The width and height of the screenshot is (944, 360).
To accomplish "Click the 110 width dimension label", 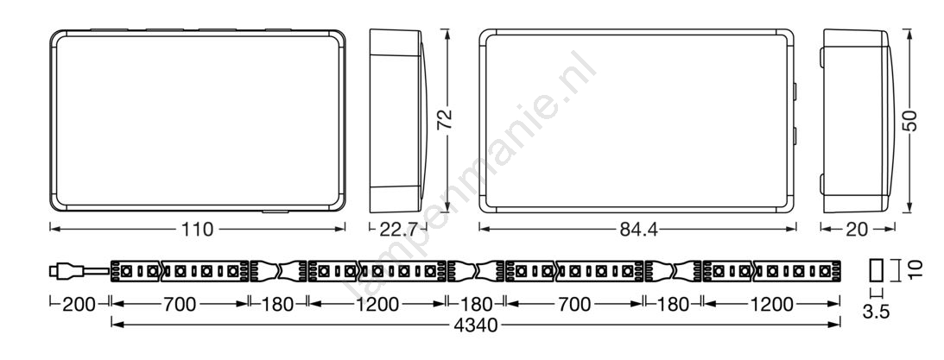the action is pos(198,230).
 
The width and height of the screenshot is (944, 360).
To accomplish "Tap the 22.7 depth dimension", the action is pos(400,230).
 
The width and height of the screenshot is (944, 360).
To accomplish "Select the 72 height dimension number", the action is pos(445,120).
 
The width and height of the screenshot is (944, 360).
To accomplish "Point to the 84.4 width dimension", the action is pos(638,230).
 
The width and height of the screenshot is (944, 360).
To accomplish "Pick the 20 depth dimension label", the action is pos(857,230).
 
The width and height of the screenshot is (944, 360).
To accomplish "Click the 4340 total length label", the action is pos(476,325).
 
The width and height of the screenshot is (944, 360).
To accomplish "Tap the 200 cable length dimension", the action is pos(79,305).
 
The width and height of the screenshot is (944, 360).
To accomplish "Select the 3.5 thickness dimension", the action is pos(876,312).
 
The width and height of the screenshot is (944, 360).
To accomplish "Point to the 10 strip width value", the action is pos(915,269).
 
